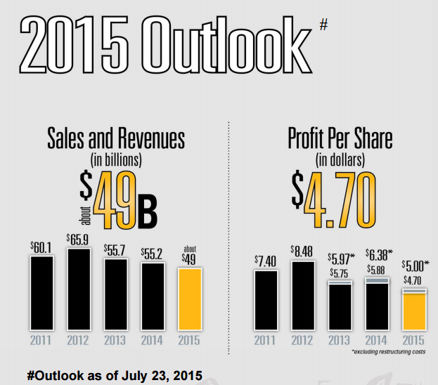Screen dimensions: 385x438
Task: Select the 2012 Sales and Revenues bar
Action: pyautogui.click(x=79, y=289)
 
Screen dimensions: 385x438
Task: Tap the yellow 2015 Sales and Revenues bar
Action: pyautogui.click(x=190, y=299)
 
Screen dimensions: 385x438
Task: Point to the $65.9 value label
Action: pyautogui.click(x=79, y=239)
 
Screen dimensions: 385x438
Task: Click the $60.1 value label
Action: pyautogui.click(x=41, y=247)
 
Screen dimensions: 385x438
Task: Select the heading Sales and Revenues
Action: pyautogui.click(x=116, y=138)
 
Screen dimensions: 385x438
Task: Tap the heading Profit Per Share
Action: pyautogui.click(x=340, y=138)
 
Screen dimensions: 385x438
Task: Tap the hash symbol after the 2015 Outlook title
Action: pyautogui.click(x=323, y=25)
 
